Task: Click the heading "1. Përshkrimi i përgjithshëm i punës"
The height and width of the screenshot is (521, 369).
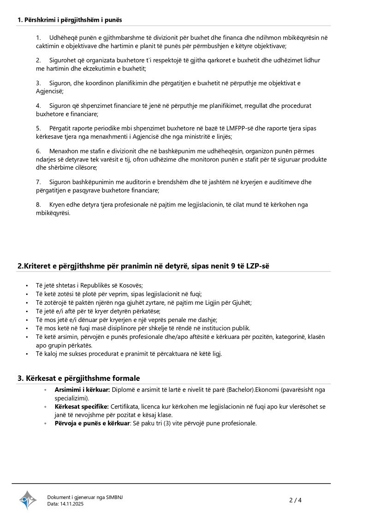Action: [70, 20]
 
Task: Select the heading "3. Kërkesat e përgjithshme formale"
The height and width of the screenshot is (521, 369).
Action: [78, 378]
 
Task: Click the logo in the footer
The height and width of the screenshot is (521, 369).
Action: [28, 500]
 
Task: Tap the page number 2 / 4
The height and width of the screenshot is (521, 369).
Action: [295, 500]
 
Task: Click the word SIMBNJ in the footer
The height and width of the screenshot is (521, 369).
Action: [114, 497]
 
